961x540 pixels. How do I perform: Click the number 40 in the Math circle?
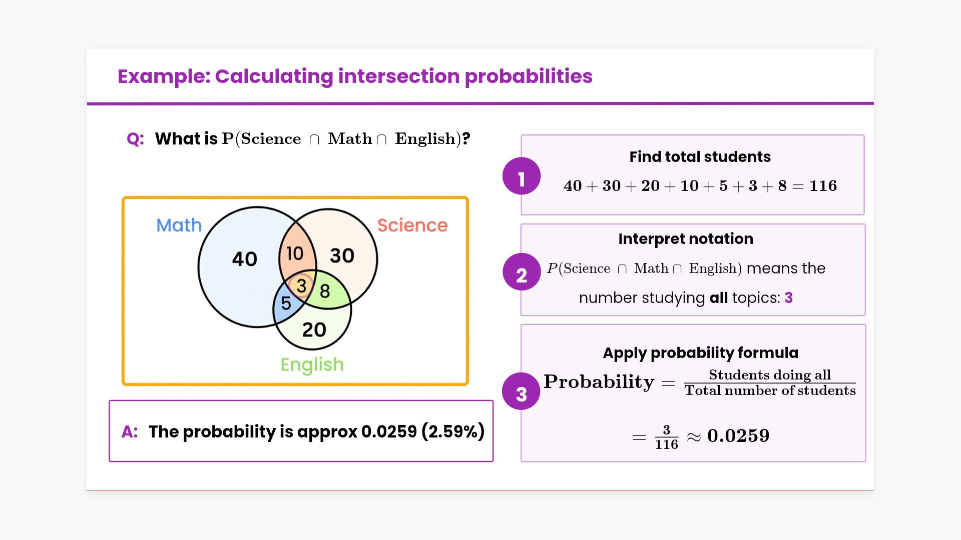click(x=244, y=259)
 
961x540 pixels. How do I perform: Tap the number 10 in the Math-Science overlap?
click(x=295, y=253)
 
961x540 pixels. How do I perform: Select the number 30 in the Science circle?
click(x=342, y=256)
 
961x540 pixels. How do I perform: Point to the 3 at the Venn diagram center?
click(x=301, y=286)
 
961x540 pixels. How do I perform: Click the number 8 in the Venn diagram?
click(x=325, y=291)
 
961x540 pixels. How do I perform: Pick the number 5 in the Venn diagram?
click(x=286, y=303)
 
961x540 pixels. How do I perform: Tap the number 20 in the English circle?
click(x=314, y=330)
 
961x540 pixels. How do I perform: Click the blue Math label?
click(x=179, y=225)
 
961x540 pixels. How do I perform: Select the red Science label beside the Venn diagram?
click(x=412, y=225)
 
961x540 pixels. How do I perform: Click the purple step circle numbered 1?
click(x=522, y=176)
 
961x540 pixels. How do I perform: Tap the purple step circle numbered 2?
click(x=522, y=271)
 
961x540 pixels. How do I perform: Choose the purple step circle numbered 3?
click(x=522, y=391)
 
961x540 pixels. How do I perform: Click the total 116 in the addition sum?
click(x=823, y=186)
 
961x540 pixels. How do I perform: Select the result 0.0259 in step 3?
click(x=738, y=436)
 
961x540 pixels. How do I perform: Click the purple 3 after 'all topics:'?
click(x=789, y=298)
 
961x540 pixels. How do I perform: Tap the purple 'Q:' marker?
click(x=135, y=139)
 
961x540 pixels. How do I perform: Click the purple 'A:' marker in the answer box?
click(x=130, y=431)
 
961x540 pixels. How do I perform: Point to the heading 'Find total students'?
click(x=700, y=157)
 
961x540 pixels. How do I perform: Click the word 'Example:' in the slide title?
click(x=164, y=76)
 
